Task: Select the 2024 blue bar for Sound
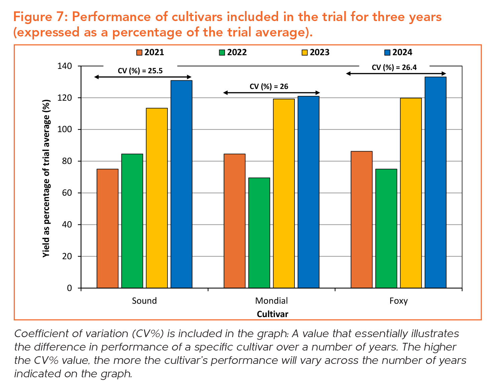coord(181,184)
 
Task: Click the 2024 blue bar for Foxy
coord(436,182)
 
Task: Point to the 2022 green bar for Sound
coord(132,221)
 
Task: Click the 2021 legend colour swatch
coord(139,53)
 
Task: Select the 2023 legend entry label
coord(320,53)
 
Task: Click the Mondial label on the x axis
coord(271,301)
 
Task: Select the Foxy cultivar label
coord(398,301)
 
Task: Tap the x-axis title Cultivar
coord(272,314)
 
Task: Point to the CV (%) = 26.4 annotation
coord(394,68)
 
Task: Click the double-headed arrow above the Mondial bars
coord(271,93)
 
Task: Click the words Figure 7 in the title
coord(40,17)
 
